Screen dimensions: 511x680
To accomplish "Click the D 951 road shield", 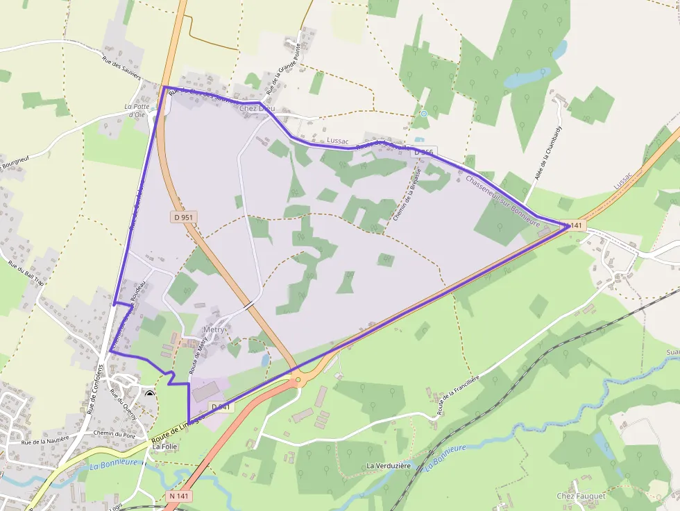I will [184, 217].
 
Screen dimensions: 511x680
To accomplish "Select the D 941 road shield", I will [219, 406].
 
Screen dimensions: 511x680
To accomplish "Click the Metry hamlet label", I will [214, 329].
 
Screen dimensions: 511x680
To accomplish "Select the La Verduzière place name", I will [389, 465].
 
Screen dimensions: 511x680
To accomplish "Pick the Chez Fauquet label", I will [581, 496].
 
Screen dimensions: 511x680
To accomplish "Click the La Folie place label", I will [165, 447].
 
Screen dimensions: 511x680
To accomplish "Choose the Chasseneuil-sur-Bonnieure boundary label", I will [503, 201].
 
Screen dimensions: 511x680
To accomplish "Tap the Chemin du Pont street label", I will [115, 435].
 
